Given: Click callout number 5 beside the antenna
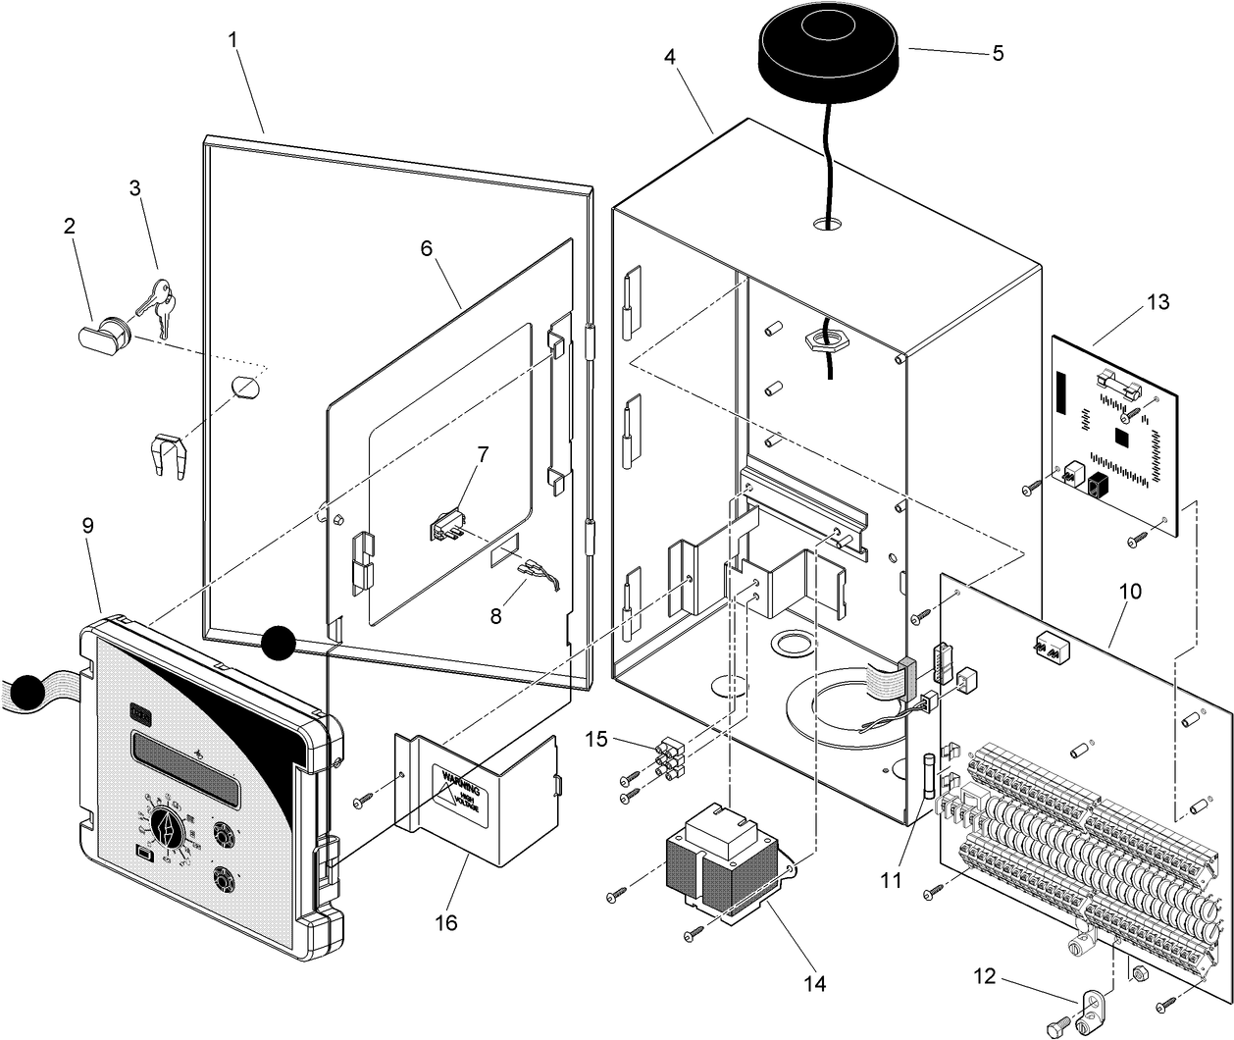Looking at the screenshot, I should coord(998,53).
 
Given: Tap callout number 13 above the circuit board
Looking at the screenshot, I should coord(1157,302).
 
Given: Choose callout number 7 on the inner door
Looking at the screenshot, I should coord(483,454).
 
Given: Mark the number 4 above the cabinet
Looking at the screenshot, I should coord(670,56).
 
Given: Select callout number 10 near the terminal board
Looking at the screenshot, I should coord(1130,592).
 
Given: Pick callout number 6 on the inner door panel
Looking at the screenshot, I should coord(427,248).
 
